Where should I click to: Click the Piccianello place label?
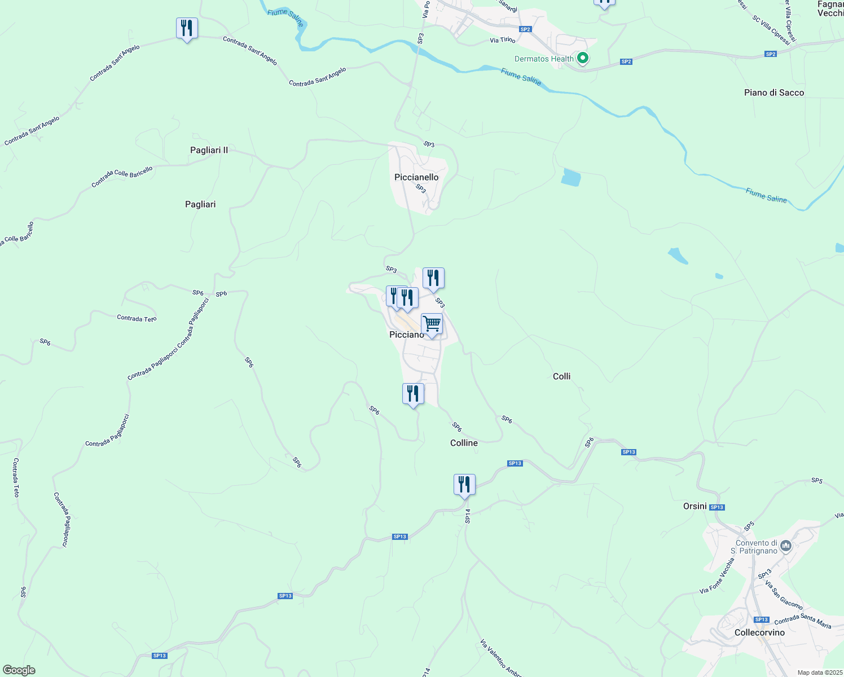(416, 177)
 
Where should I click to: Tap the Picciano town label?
(406, 335)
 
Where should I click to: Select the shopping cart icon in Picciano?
(432, 324)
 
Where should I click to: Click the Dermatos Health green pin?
(583, 58)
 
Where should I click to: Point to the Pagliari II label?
(209, 150)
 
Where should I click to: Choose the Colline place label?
(464, 443)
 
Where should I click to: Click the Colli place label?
(561, 376)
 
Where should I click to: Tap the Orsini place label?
(694, 506)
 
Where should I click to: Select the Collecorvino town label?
(759, 632)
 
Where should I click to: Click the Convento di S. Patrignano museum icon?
(786, 546)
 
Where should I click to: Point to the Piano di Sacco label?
(773, 93)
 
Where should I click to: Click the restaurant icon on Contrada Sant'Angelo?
(187, 28)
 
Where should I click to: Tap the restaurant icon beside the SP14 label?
(464, 485)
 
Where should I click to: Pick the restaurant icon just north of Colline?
(413, 394)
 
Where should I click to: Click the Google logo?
(19, 670)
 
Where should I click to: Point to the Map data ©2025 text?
(819, 672)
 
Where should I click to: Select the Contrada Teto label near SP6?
(137, 319)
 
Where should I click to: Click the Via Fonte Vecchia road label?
(717, 575)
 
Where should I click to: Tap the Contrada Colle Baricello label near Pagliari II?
(122, 177)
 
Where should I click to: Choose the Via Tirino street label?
(502, 40)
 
